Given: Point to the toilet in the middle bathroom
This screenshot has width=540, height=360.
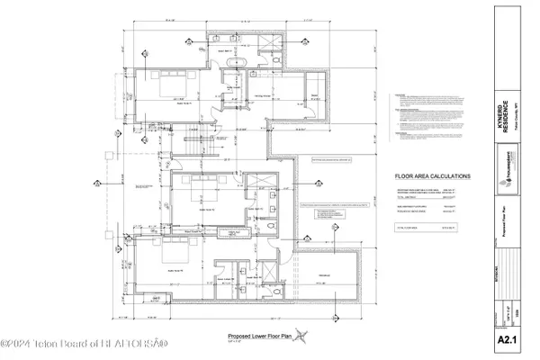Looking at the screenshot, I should click(x=271, y=216).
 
